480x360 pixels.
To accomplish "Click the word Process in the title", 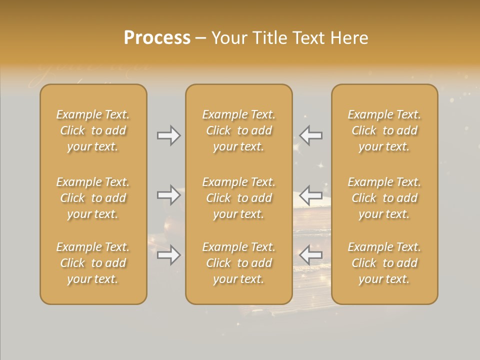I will [157, 38].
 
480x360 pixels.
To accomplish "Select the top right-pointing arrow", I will [168, 135].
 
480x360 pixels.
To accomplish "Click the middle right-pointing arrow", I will [168, 194].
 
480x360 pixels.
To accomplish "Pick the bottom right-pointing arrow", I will [168, 255].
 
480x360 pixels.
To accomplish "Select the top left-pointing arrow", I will [311, 135].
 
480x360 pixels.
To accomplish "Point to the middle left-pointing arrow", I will [311, 194].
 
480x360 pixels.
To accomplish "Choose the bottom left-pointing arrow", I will [311, 255].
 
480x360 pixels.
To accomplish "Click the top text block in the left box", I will [93, 130].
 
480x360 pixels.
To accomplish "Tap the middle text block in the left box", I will [93, 198].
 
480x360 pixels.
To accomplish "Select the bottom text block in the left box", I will [93, 263].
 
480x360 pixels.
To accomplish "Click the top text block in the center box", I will [238, 130].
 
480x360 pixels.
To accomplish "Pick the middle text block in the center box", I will [238, 198].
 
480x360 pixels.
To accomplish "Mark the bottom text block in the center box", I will [238, 263].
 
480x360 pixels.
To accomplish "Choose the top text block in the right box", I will [384, 130].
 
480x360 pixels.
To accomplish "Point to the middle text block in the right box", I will [384, 198].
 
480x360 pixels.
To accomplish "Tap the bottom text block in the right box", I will [384, 263].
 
